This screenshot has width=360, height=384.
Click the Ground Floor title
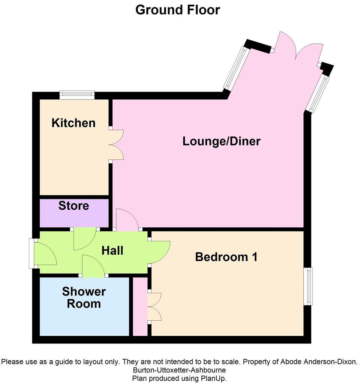coord(177,10)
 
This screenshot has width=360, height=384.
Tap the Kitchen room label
coord(73,123)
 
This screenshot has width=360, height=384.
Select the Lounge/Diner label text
coord(221,141)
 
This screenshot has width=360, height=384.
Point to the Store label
coord(73,205)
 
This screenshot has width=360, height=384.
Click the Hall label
coord(112,250)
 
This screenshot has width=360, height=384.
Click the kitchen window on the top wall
coord(77,94)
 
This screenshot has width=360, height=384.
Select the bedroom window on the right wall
coord(308,286)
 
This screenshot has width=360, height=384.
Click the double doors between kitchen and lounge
coord(117,145)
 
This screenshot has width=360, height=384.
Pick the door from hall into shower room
coord(93,267)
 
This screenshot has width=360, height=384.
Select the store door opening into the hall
coord(85,238)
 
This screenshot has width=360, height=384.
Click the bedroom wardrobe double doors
coord(155,306)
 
